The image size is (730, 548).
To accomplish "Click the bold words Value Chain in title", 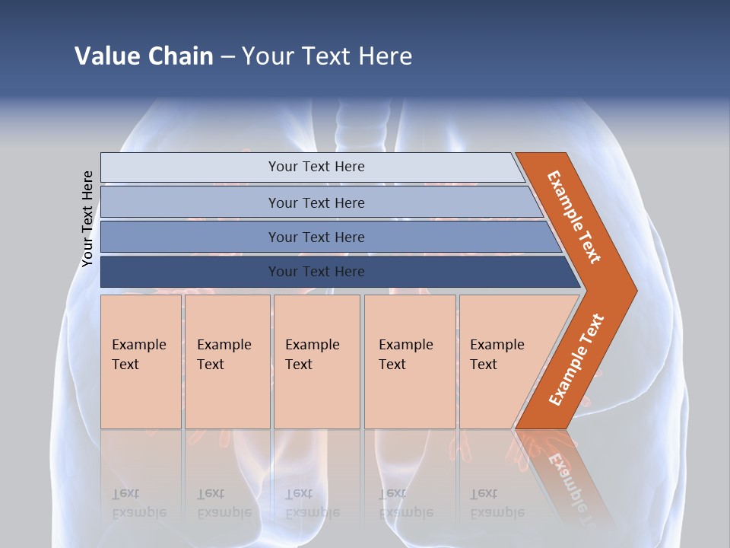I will pyautogui.click(x=144, y=56).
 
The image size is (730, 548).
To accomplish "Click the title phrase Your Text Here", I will pyautogui.click(x=327, y=56).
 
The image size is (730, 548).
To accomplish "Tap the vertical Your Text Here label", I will pyautogui.click(x=87, y=218).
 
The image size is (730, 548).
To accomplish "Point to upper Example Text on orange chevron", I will pyautogui.click(x=574, y=217).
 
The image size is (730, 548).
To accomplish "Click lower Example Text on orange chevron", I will pyautogui.click(x=576, y=360).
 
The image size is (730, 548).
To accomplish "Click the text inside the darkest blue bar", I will pyautogui.click(x=316, y=272).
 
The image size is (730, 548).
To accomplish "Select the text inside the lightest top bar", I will pyautogui.click(x=316, y=167).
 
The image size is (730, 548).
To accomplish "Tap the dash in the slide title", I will pyautogui.click(x=227, y=56).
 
